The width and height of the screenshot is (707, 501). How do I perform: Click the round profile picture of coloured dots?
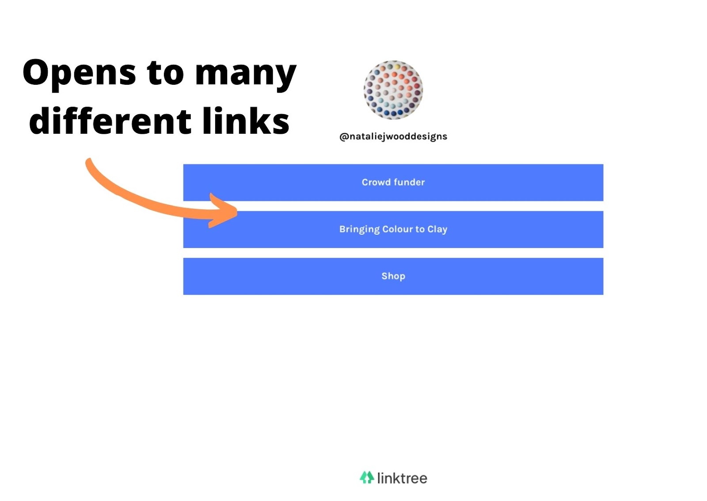point(393,90)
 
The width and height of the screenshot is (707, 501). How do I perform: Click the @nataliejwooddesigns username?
point(393,136)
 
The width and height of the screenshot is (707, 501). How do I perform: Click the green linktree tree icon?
point(366,477)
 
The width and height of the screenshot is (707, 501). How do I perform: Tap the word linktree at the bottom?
point(402,478)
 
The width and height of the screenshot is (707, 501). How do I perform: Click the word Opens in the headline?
point(79,73)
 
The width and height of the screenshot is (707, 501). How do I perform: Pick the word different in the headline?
point(110,121)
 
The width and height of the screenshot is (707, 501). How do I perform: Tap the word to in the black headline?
point(165,73)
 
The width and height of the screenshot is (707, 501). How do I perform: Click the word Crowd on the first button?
point(376,182)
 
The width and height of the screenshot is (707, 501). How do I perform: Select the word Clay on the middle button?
point(437,230)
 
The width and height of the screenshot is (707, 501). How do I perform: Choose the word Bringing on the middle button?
point(359,230)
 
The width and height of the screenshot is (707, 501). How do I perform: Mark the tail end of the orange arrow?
point(89,162)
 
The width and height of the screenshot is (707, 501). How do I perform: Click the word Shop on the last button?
point(393,276)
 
